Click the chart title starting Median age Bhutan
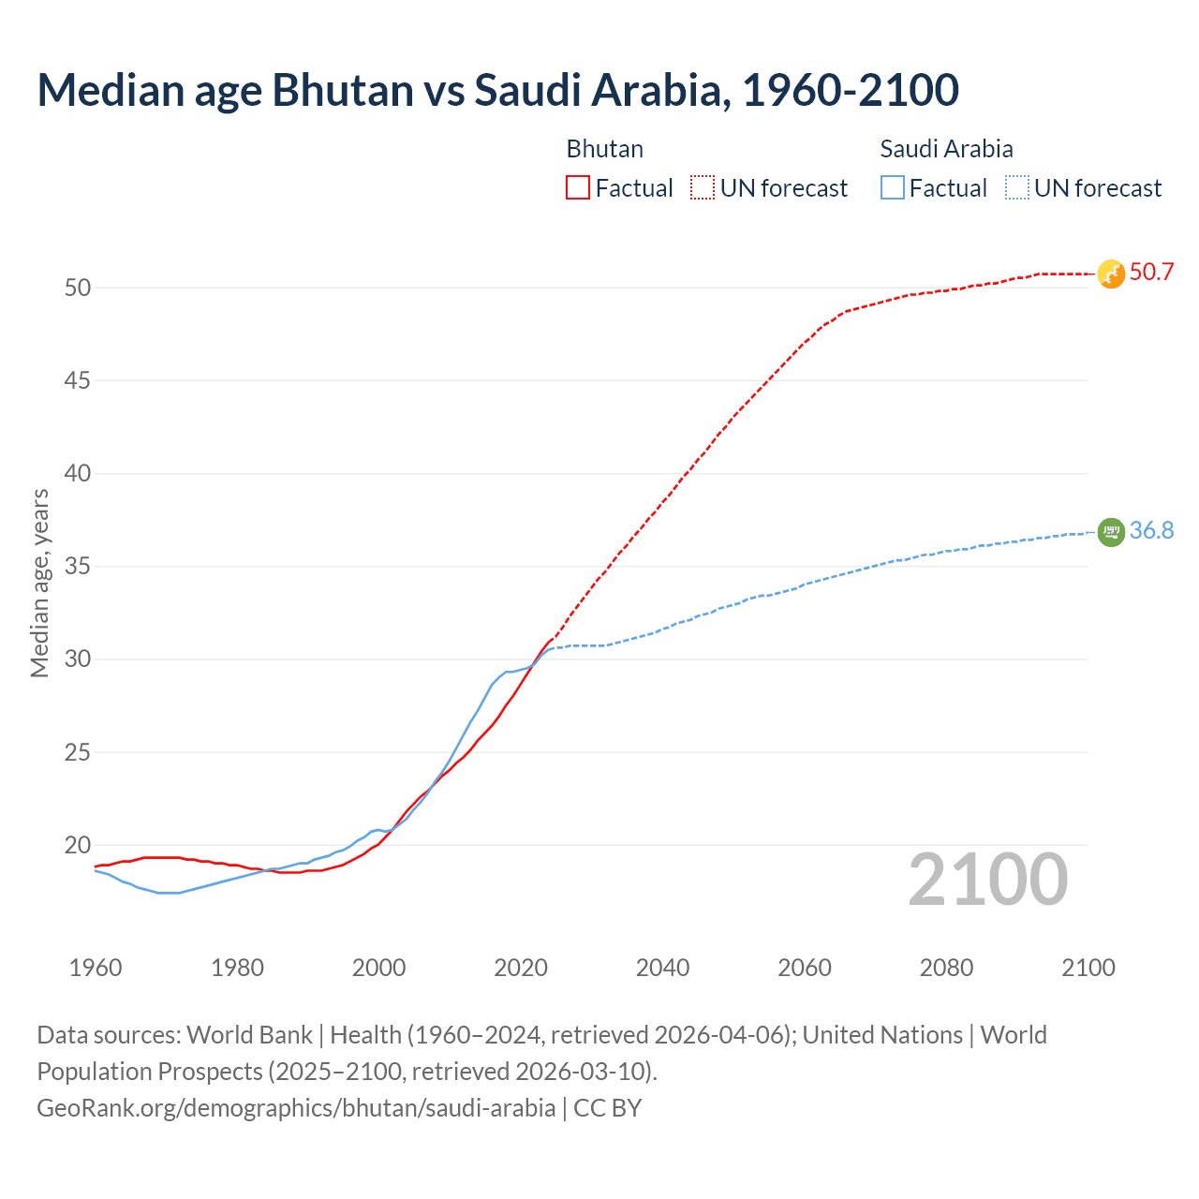497,90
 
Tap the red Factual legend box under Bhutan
578,187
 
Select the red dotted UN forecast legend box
703,187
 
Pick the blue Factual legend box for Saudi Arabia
893,187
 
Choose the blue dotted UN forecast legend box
1016,187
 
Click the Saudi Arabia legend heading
946,149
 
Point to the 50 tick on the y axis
78,288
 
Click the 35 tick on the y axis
78,567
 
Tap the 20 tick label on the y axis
78,845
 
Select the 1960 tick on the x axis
96,968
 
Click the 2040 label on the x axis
662,968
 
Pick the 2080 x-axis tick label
946,968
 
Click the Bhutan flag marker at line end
1111,274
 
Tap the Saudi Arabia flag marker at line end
1111,532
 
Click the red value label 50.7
1151,273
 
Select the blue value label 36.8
1151,531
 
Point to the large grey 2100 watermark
987,880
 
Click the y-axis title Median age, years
39,583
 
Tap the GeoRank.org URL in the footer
296,1108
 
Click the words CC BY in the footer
608,1108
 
